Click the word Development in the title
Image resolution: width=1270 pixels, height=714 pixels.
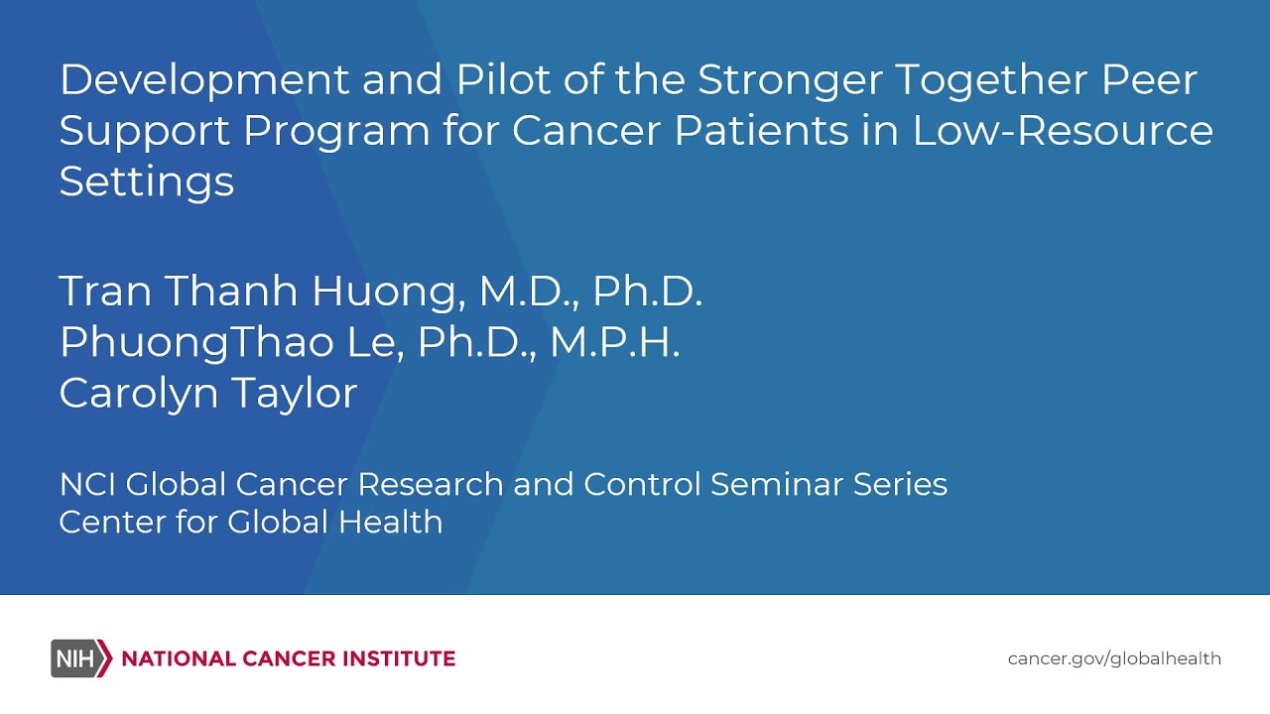click(204, 81)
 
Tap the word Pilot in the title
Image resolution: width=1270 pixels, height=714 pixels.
click(503, 79)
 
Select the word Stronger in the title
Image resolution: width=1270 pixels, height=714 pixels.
click(790, 81)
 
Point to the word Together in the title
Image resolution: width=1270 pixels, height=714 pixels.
click(991, 81)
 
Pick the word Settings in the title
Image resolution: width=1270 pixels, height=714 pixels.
click(146, 183)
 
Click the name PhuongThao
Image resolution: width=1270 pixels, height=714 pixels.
click(196, 344)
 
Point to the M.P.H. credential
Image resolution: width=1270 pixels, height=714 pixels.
click(614, 342)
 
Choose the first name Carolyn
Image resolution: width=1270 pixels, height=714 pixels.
click(139, 395)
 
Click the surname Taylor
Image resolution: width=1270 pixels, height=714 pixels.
click(296, 395)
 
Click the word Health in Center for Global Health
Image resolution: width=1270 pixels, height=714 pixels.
click(391, 522)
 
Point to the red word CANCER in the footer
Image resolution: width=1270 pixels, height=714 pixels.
click(289, 659)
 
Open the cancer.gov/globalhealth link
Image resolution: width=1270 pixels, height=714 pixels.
click(1114, 659)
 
